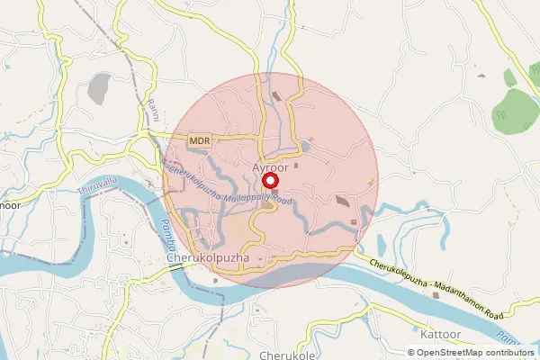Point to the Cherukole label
pyautogui.click(x=287, y=355)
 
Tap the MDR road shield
pyautogui.click(x=199, y=140)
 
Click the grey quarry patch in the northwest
pyautogui.click(x=99, y=87)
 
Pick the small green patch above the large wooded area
pyautogui.click(x=510, y=77)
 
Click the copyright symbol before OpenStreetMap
pyautogui.click(x=412, y=352)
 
